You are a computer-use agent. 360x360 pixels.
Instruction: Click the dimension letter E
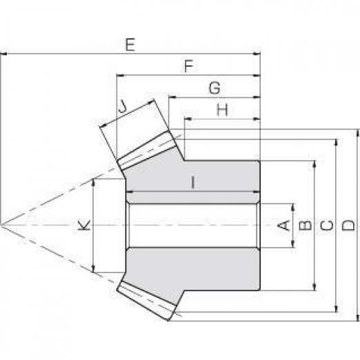pyautogui.click(x=130, y=45)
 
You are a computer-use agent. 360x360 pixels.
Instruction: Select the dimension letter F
pyautogui.click(x=189, y=66)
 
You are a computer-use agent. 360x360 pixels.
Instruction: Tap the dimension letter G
pyautogui.click(x=214, y=88)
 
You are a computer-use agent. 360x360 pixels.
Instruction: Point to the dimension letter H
pyautogui.click(x=222, y=110)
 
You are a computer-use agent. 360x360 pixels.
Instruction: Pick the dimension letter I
pyautogui.click(x=193, y=182)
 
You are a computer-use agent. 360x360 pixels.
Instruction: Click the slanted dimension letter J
pyautogui.click(x=123, y=107)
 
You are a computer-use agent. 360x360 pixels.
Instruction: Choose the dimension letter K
pyautogui.click(x=84, y=225)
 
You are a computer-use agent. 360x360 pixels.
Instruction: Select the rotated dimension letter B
pyautogui.click(x=306, y=226)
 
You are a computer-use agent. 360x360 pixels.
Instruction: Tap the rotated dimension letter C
pyautogui.click(x=327, y=226)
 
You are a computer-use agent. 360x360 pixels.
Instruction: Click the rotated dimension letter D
pyautogui.click(x=348, y=225)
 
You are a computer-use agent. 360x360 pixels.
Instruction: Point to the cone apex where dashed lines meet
pyautogui.click(x=1, y=225)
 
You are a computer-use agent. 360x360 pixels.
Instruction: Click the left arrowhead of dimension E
pyautogui.click(x=3, y=54)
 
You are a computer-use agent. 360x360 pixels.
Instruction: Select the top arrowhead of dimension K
pyautogui.click(x=93, y=182)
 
